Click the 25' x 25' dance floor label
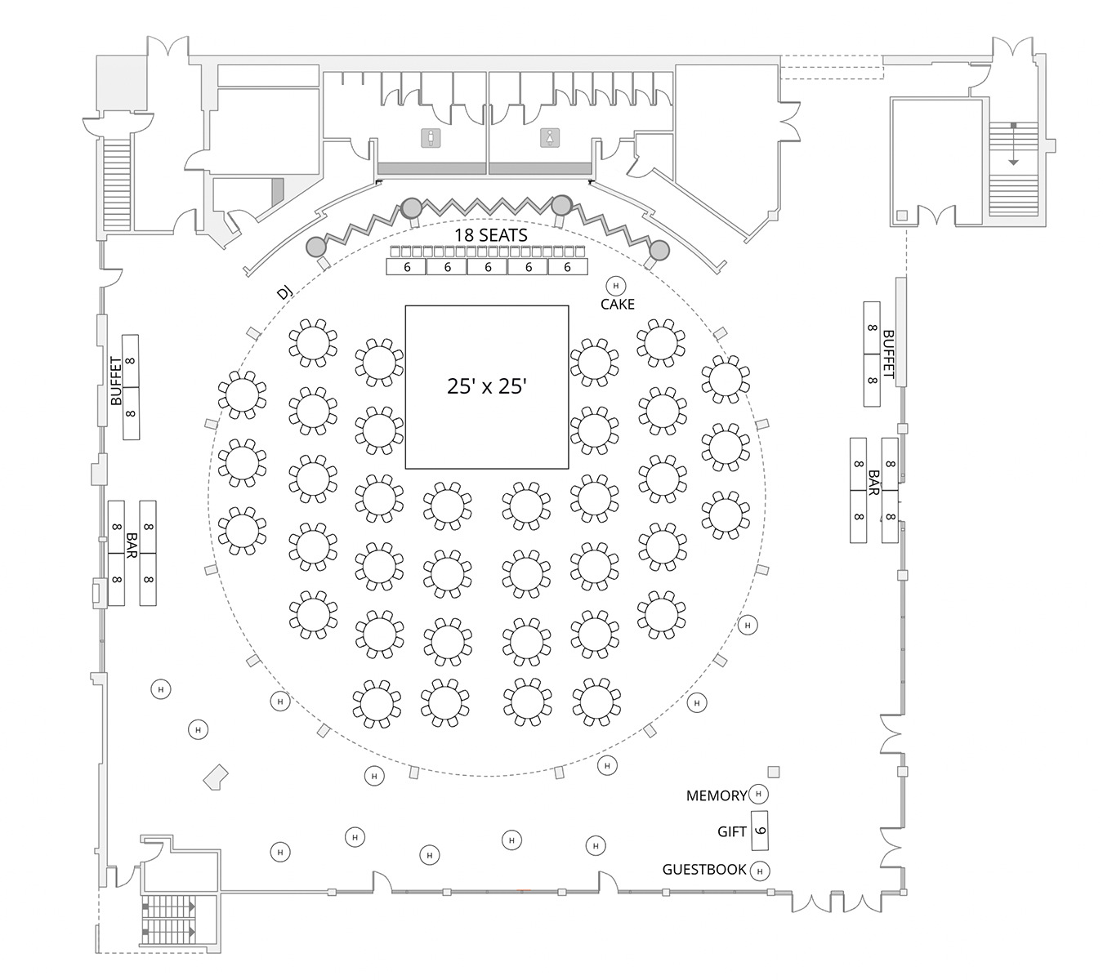486,386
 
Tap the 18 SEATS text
491,235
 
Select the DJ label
284,292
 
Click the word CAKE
617,305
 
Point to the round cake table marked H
615,286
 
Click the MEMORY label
717,795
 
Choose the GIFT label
731,832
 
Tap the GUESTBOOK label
704,870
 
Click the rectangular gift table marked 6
760,831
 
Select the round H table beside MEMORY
759,794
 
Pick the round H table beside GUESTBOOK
760,871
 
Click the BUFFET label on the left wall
116,381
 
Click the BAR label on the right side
873,483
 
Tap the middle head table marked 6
488,267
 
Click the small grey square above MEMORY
774,772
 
